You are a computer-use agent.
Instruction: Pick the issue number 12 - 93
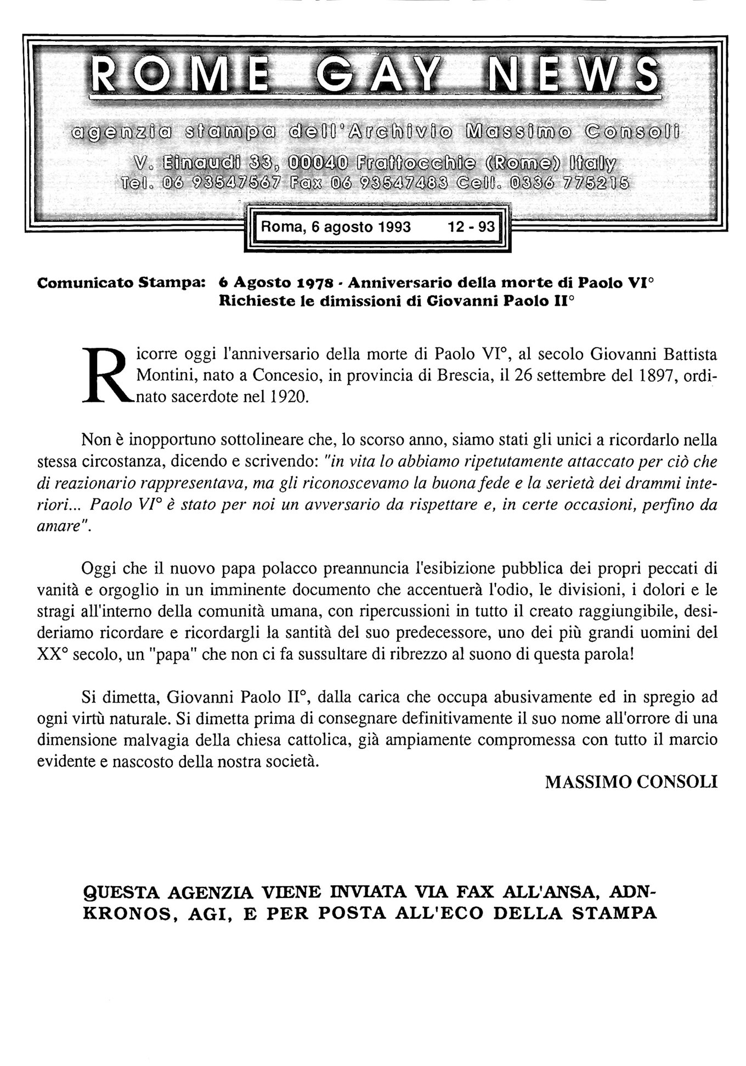pos(471,227)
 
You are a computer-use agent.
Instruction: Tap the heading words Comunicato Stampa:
pos(121,283)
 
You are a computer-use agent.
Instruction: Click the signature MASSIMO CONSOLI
pos(631,782)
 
